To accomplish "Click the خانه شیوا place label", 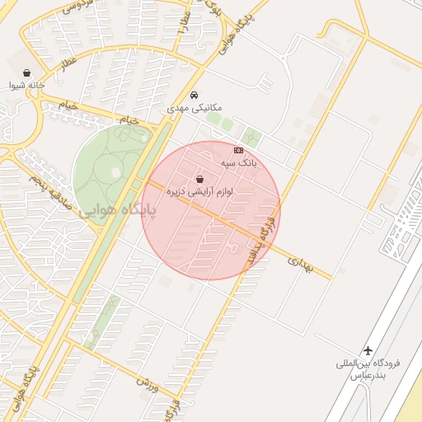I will [x=26, y=85].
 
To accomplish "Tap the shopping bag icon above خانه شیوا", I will [x=27, y=73].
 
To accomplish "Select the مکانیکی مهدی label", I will [x=190, y=107].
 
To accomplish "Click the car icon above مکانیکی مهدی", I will [x=194, y=95].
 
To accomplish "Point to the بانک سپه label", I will [x=239, y=163].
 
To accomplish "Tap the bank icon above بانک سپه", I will [x=238, y=151].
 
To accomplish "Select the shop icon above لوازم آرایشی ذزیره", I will [x=199, y=179].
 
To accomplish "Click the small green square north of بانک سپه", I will [x=251, y=137].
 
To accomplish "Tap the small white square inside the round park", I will [x=137, y=182].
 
